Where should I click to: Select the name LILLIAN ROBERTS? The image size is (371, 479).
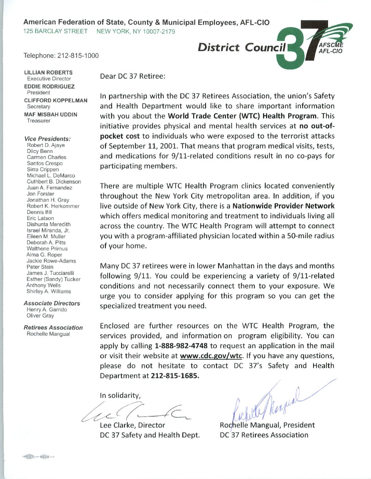point(48,73)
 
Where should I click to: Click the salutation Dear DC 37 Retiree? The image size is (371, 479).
point(133,76)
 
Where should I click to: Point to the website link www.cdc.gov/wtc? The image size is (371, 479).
point(211,356)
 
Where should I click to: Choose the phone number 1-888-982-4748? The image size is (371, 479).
point(181,346)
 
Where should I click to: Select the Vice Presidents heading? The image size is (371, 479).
point(47,139)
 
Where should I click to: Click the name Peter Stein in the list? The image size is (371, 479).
point(40,267)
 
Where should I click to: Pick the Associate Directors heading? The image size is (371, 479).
point(52,303)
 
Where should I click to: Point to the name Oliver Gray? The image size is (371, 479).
point(40,316)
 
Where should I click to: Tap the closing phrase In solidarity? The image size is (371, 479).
point(120,396)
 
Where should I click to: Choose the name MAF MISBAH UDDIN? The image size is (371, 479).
point(51,115)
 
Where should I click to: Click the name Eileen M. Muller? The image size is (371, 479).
point(46,236)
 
